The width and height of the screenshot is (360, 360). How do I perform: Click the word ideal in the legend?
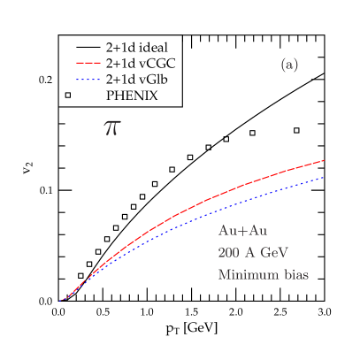point(141,46)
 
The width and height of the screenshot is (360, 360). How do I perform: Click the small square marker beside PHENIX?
point(68,95)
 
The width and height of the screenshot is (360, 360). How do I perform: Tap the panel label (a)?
point(289,65)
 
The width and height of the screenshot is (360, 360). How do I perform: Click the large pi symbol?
point(112,127)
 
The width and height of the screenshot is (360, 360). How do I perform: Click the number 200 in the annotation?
point(229,253)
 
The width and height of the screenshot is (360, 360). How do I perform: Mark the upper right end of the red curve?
point(325,161)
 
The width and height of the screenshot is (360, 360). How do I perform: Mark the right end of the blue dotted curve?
point(325,177)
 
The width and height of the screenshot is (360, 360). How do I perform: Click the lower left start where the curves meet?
point(60,301)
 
